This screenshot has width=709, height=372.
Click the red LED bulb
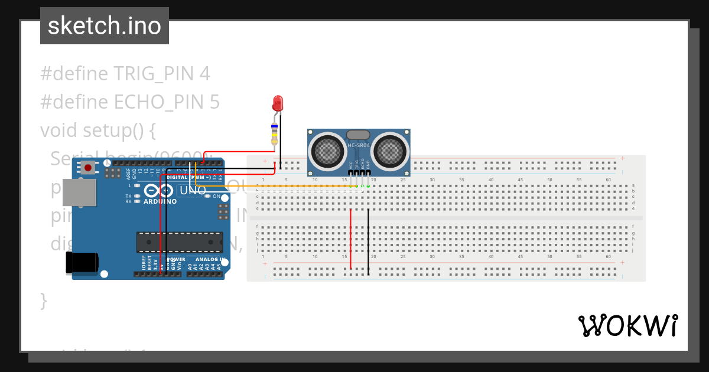pos(278,104)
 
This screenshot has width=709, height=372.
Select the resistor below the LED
pos(274,133)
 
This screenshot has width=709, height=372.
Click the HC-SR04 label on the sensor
pos(358,145)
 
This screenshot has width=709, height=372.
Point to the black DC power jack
pos(82,262)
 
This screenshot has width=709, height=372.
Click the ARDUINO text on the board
pos(160,201)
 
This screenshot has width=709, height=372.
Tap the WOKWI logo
pos(627,326)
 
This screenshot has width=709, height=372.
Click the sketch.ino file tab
pos(105,26)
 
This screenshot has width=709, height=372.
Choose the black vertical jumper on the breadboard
pos(369,241)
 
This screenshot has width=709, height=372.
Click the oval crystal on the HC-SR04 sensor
pos(358,135)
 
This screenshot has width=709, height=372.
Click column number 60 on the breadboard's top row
pos(608,180)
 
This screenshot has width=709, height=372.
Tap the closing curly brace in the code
pos(43,300)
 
